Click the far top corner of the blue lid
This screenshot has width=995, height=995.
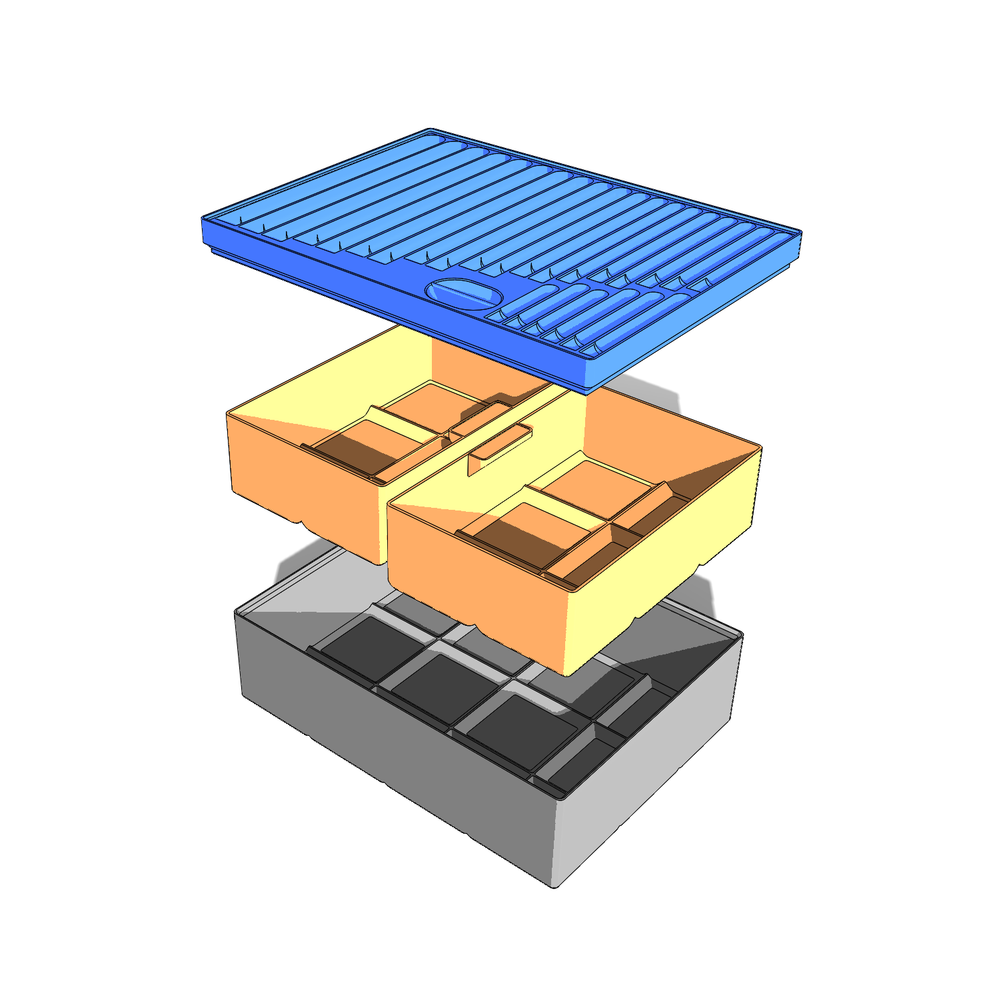[429, 129]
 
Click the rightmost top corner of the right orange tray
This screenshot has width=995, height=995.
[760, 447]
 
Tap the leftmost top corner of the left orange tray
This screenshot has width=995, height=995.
[228, 413]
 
